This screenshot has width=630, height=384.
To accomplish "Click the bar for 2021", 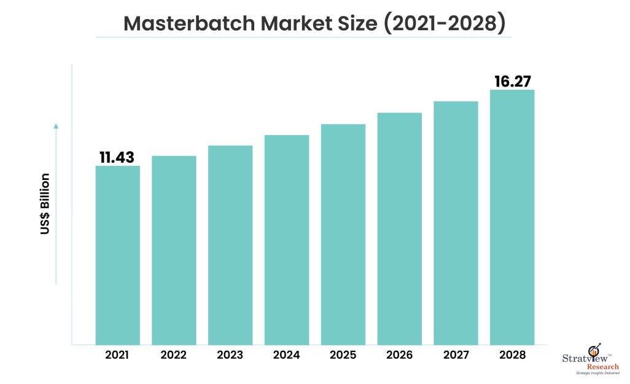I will point(117,255).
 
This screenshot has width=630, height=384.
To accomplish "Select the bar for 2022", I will point(174,250).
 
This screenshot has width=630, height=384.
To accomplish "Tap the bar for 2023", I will point(230,245).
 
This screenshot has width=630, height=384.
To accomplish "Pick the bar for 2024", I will point(287,240).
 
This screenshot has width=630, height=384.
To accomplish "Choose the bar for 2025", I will point(343,234).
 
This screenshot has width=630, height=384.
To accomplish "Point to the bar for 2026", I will point(400,229).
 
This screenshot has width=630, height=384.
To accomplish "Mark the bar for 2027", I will point(456,222).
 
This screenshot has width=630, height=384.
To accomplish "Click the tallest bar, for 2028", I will point(512,217).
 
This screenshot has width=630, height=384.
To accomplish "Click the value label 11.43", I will point(117,157).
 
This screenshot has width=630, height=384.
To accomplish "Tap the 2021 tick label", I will point(117,355).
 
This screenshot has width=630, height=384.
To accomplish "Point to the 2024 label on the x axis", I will point(287,355).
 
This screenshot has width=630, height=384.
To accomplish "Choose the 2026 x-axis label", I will point(400,355).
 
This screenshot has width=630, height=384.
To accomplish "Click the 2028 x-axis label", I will point(512,355).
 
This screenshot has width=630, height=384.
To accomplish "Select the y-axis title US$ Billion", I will point(45,205).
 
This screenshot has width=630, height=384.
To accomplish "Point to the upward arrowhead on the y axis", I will point(56,126).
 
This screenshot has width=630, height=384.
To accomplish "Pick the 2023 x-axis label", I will point(230,355).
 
